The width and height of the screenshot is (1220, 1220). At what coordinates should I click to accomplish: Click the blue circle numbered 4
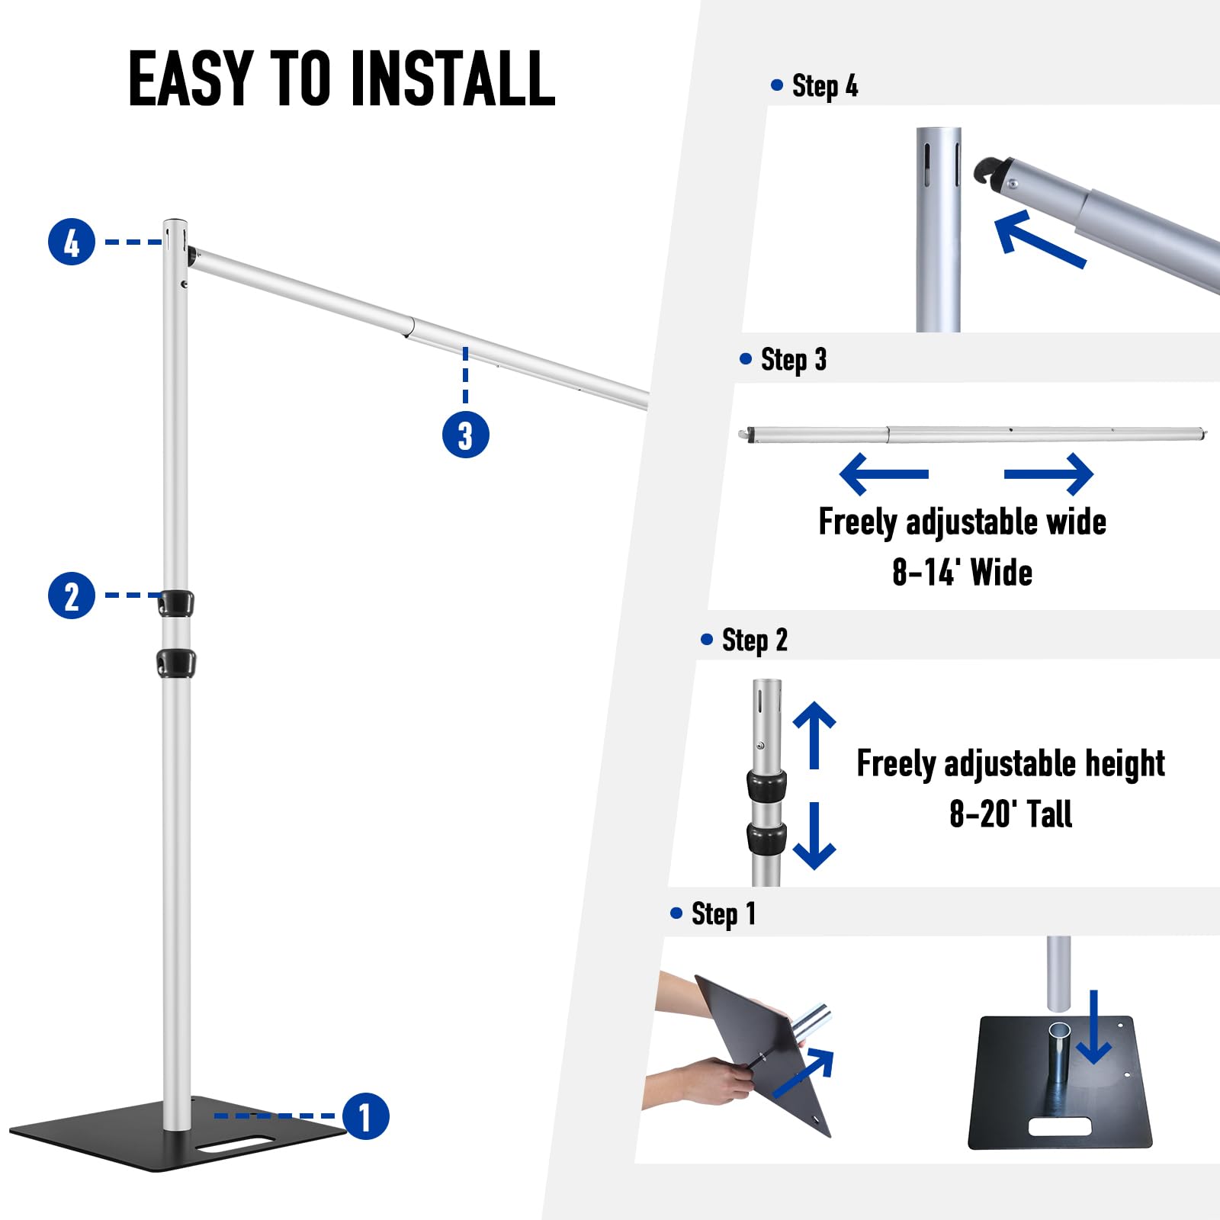tap(72, 242)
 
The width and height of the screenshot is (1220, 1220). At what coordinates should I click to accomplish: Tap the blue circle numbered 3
tap(466, 435)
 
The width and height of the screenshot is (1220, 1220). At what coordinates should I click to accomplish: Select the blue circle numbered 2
tap(72, 595)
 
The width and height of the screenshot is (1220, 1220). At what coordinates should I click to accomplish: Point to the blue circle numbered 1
tap(366, 1116)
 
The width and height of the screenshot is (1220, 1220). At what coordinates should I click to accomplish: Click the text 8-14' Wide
tap(962, 572)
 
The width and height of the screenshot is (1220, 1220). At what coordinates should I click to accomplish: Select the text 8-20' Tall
tap(1010, 814)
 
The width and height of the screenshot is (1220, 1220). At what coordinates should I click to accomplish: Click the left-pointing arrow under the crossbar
tap(884, 474)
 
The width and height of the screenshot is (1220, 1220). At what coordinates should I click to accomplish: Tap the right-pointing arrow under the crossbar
tap(1049, 474)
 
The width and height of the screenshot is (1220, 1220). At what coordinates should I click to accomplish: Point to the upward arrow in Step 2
tap(814, 735)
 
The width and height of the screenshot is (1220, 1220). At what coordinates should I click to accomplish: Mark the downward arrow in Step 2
tap(814, 836)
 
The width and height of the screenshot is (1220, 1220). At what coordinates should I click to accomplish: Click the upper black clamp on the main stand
tap(175, 602)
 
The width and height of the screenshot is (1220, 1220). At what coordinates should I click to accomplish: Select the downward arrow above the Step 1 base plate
tap(1094, 1027)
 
